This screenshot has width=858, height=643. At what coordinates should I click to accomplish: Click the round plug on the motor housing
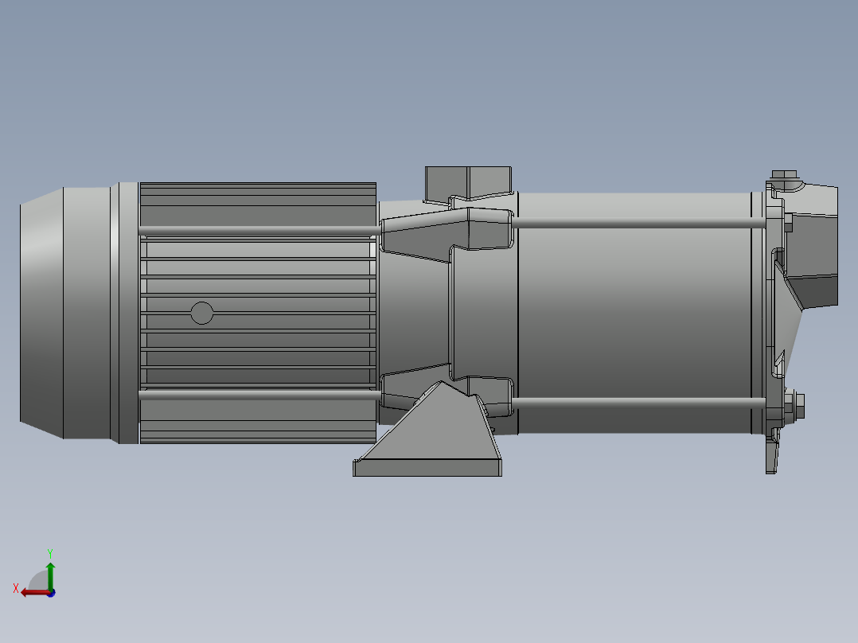click(x=202, y=313)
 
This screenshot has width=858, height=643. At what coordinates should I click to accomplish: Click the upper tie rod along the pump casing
click(x=633, y=224)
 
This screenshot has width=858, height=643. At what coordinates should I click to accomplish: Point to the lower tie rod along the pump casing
click(x=633, y=403)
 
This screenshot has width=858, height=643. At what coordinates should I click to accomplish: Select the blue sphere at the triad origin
click(x=51, y=593)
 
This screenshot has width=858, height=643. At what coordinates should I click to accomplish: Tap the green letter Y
click(x=49, y=552)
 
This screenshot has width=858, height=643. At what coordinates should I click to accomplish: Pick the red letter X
click(x=15, y=588)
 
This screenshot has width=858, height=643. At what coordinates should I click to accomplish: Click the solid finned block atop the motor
click(x=257, y=203)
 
